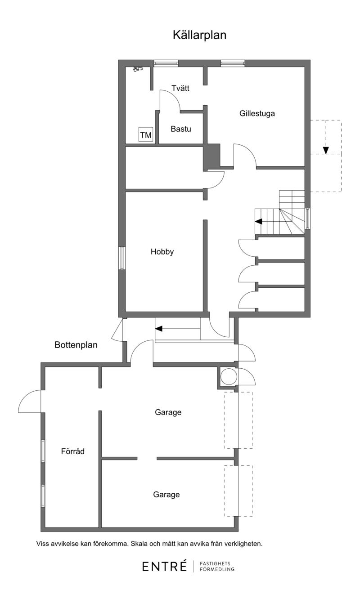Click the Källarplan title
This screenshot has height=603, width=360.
(199, 35)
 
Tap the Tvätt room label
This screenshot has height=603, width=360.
(180, 88)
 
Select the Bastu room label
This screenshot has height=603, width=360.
(181, 129)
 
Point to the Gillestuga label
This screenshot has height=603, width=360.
(257, 113)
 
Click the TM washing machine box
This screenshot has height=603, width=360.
(146, 134)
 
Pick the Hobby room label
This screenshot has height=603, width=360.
(162, 252)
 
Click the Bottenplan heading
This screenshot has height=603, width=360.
(76, 345)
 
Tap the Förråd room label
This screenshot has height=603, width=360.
(73, 451)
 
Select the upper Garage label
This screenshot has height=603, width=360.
(168, 412)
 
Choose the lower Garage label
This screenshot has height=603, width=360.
(166, 495)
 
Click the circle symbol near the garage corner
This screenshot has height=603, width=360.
(229, 376)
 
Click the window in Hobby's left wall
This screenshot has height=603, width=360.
(122, 258)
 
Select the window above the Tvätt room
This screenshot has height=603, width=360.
(166, 63)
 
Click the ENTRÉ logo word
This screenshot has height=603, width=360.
(164, 566)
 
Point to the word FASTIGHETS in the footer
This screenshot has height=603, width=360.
(215, 563)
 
